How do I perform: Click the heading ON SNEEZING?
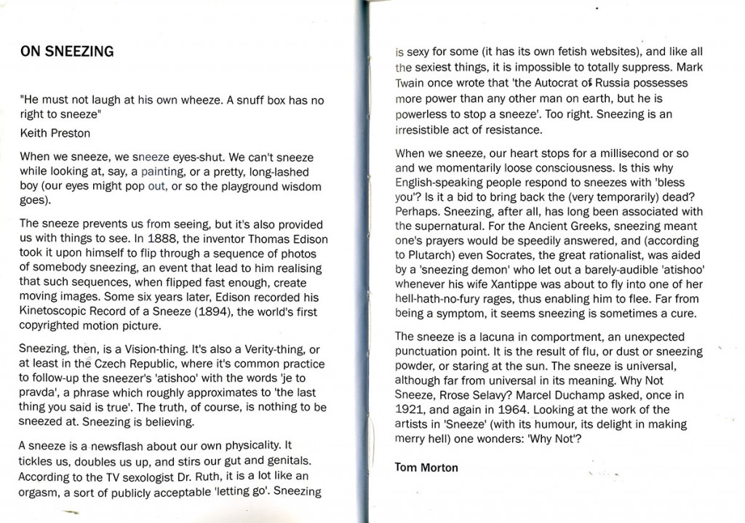tap(66, 51)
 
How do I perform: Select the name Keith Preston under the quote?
tap(55, 134)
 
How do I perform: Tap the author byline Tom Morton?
tap(426, 467)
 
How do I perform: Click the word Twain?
tap(412, 84)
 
